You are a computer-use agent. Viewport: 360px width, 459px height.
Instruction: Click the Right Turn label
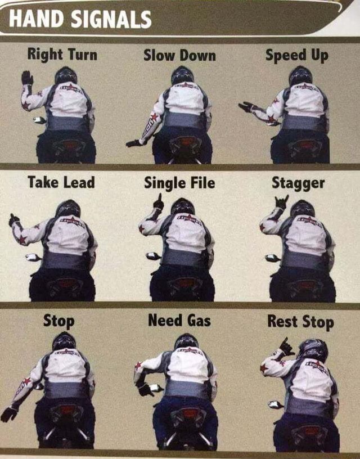point(62,55)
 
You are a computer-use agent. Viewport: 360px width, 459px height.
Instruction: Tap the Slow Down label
point(179,55)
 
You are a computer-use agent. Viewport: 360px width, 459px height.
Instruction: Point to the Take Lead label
point(61,182)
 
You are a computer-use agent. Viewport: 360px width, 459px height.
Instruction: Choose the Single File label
point(179,183)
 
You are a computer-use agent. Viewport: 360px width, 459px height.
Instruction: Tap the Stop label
point(58,322)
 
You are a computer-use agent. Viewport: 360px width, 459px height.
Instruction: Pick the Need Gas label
point(179,321)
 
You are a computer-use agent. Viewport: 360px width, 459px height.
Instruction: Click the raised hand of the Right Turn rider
point(26,78)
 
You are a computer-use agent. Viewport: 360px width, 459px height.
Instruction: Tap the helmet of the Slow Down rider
point(182,75)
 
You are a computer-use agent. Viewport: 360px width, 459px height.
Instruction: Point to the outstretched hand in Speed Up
point(246,106)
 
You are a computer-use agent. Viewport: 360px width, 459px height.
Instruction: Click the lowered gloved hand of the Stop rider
point(8,414)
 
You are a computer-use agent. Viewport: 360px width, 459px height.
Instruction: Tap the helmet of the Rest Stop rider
point(313,350)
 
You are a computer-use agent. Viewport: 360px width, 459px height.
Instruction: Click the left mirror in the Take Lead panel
point(32,258)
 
